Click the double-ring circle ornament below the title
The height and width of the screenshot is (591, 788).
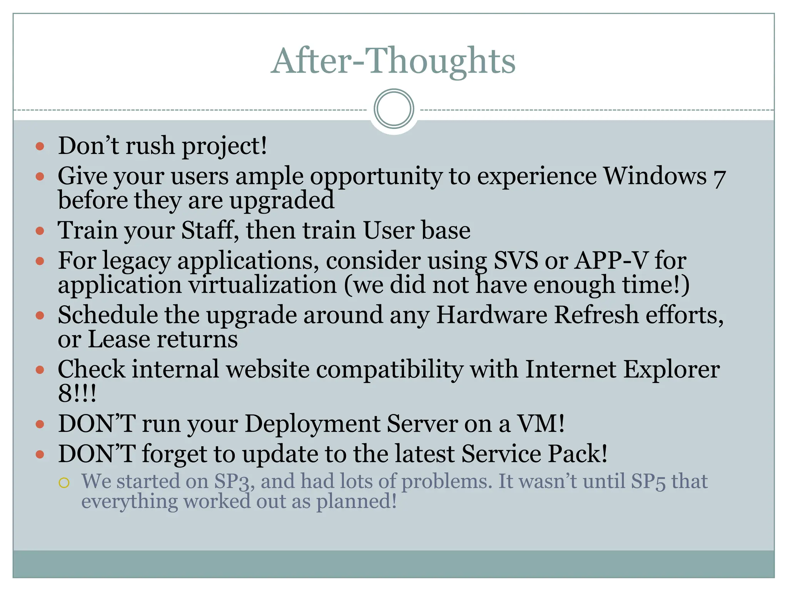tap(394, 109)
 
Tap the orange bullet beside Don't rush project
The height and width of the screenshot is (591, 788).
tap(40, 146)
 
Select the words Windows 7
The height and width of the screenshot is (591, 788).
tap(664, 177)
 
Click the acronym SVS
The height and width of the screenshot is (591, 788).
tap(516, 261)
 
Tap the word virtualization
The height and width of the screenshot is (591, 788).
tap(262, 285)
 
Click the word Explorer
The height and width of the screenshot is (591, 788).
tap(671, 369)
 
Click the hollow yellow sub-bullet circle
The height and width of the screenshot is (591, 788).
tap(64, 482)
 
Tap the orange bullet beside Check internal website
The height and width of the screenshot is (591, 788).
tap(40, 370)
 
